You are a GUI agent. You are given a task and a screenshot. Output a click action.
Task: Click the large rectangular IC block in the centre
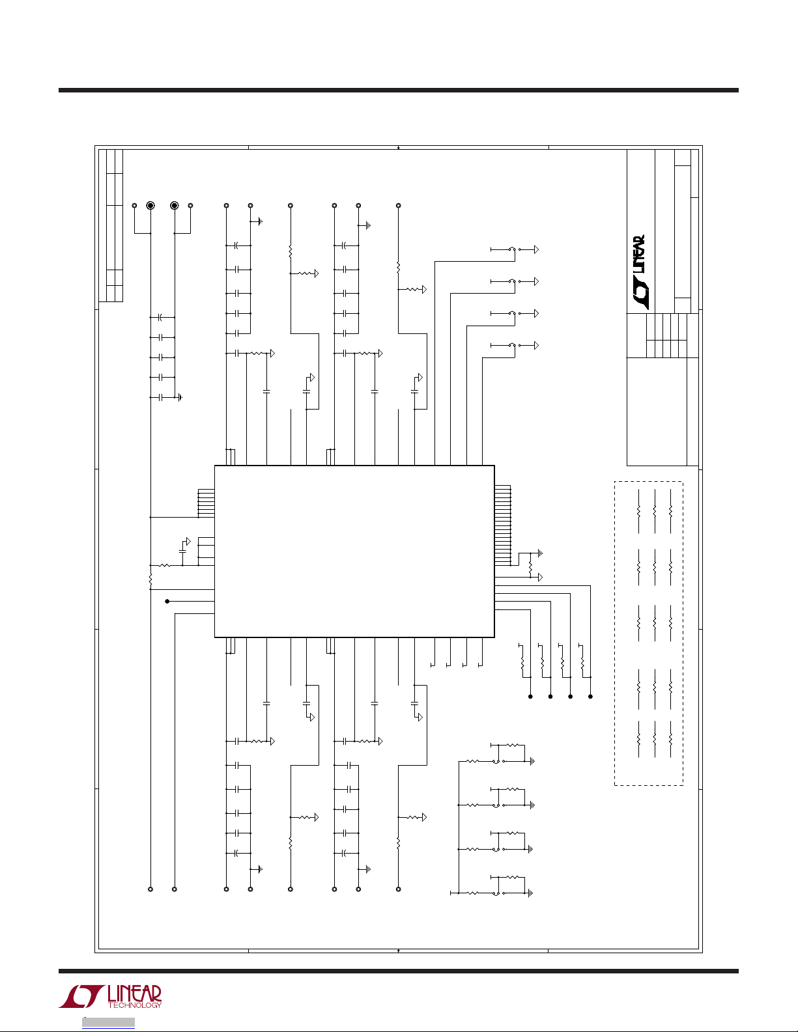pyautogui.click(x=354, y=551)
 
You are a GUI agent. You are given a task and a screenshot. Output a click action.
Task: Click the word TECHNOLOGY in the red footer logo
pyautogui.click(x=135, y=1005)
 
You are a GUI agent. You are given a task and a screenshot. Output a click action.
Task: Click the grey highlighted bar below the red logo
pyautogui.click(x=108, y=1022)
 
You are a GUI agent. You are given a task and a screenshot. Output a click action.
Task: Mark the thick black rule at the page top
pyautogui.click(x=399, y=91)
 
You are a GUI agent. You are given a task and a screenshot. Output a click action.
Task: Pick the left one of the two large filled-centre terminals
pyautogui.click(x=150, y=206)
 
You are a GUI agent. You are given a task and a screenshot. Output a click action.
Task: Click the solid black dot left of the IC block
pyautogui.click(x=167, y=601)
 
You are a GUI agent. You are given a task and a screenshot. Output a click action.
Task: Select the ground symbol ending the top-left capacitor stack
pyautogui.click(x=180, y=397)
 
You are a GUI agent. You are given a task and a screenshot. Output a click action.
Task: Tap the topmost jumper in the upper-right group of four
pyautogui.click(x=513, y=249)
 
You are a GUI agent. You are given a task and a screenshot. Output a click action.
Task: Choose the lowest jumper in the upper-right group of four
pyautogui.click(x=513, y=345)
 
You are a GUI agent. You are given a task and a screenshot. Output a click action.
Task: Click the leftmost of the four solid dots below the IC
pyautogui.click(x=530, y=697)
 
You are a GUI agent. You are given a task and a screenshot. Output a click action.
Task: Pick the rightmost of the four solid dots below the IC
pyautogui.click(x=591, y=697)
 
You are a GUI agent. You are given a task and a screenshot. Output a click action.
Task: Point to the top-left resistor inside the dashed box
pyautogui.click(x=639, y=511)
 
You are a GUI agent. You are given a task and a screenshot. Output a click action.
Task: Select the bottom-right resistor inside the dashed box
pyautogui.click(x=670, y=740)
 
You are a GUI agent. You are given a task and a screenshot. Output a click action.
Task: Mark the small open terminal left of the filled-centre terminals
pyautogui.click(x=134, y=206)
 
